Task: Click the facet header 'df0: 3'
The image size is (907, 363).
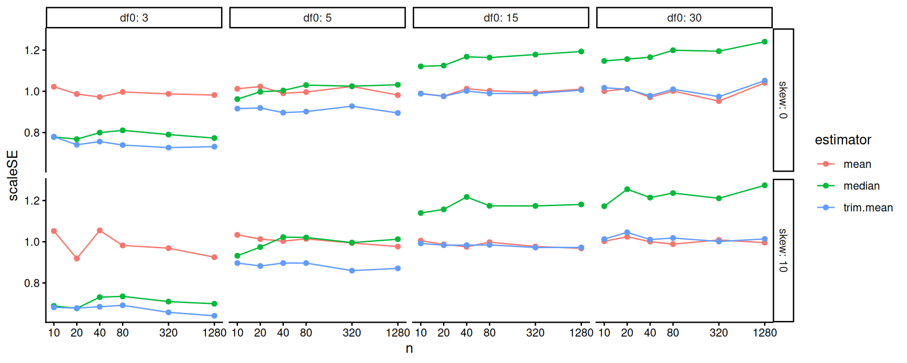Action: tap(134, 18)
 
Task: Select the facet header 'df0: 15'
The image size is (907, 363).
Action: tap(501, 18)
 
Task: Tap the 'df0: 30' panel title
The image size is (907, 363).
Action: tap(684, 18)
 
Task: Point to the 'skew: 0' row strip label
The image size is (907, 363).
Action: tap(783, 100)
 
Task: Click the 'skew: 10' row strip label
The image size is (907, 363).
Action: tap(783, 251)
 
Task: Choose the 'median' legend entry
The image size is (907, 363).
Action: tap(861, 186)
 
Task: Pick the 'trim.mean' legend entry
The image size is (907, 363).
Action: tap(868, 207)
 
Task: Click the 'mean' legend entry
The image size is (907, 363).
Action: tap(857, 164)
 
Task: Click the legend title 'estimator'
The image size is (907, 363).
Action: tap(843, 140)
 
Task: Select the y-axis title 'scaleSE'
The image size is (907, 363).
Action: tap(13, 175)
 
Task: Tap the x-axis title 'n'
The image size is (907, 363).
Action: tap(409, 349)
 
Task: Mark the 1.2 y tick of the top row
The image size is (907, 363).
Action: tap(32, 50)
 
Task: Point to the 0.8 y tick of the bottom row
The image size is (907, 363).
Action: tap(32, 283)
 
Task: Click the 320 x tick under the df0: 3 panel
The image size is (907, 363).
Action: tap(169, 333)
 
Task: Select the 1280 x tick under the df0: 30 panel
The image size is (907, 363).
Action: tap(765, 333)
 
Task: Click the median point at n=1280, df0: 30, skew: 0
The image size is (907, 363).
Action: tap(765, 42)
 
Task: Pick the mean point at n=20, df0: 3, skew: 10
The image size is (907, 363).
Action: tap(77, 259)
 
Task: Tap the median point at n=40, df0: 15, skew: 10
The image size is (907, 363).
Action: tap(467, 197)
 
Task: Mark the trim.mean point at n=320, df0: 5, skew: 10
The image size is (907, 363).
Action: tap(352, 271)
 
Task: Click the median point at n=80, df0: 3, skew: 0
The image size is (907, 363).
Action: tap(122, 130)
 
